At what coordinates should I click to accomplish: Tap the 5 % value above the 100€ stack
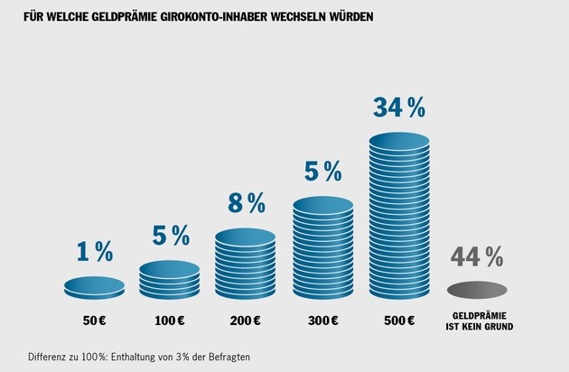tap(170, 237)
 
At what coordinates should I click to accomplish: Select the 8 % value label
tap(246, 203)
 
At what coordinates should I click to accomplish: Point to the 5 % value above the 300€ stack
tap(322, 170)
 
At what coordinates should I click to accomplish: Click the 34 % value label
tap(399, 108)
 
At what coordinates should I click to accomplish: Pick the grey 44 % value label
tap(476, 257)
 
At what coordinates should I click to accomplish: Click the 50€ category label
tap(94, 321)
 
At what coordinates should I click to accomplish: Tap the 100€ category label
tap(171, 321)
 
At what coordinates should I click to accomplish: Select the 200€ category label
tap(247, 321)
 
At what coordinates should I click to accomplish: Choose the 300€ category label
tap(322, 321)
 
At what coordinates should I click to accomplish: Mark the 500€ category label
tap(398, 321)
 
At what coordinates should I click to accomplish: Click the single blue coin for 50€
tap(94, 287)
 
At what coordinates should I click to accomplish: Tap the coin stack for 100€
tap(170, 280)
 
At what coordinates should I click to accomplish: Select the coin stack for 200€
tap(247, 263)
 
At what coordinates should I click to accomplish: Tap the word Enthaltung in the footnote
tap(138, 357)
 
